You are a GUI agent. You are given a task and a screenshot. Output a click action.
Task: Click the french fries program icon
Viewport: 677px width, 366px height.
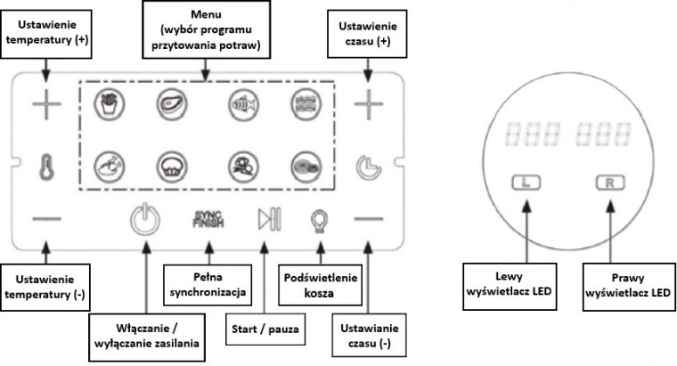coord(106,103)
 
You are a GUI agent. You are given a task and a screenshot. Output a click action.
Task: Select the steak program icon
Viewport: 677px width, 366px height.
coord(170,103)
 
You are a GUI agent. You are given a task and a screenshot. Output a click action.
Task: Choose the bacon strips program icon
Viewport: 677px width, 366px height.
coord(305,103)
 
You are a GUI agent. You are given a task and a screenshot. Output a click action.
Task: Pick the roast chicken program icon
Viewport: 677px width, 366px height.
coord(106,164)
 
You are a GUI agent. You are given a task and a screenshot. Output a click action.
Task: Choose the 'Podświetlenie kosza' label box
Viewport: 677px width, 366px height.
coord(319,282)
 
